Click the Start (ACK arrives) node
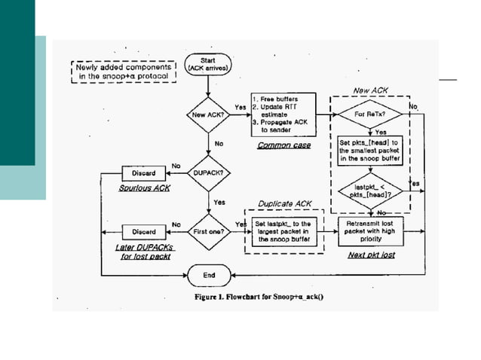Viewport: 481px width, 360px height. click(209, 65)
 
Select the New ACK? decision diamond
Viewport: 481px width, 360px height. click(209, 115)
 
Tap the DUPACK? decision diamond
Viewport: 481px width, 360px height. click(209, 172)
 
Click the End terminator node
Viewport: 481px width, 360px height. click(209, 275)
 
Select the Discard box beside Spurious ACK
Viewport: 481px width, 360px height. click(143, 172)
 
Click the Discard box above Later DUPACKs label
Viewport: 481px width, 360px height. click(143, 231)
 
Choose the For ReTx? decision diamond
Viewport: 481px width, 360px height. click(370, 115)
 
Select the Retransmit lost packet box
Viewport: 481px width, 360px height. click(370, 230)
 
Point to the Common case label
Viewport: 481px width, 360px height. click(280, 145)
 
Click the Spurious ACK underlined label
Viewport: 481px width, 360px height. click(144, 188)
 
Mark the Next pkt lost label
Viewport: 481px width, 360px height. click(370, 255)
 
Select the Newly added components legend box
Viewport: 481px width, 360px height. click(124, 70)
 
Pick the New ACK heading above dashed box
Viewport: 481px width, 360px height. click(370, 90)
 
